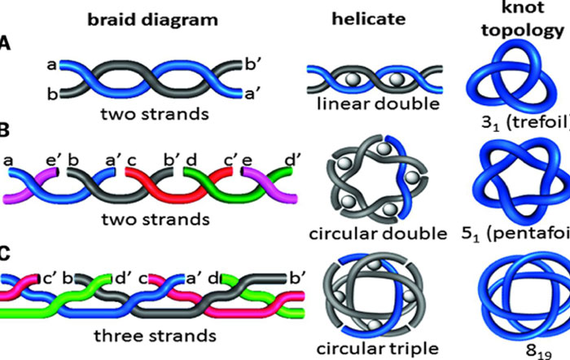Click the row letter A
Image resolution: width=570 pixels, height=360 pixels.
[6, 48]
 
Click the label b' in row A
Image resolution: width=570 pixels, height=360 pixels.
[252, 61]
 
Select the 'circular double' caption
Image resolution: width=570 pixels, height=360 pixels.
[378, 235]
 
